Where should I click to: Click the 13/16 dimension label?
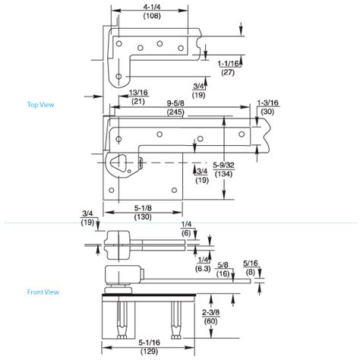point(138,93)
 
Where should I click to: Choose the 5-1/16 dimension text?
point(149,342)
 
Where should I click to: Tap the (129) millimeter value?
point(149,351)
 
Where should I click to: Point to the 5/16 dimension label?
point(250,263)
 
